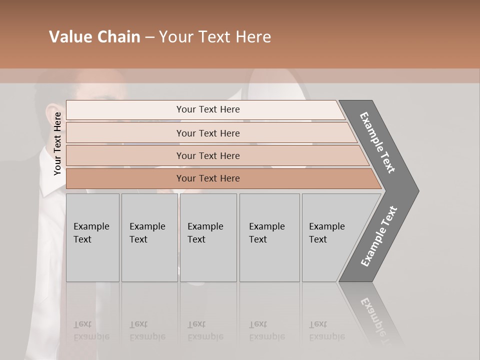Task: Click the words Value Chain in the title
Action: [94, 37]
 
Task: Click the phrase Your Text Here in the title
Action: [215, 37]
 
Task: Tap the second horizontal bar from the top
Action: [208, 133]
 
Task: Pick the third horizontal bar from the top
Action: [208, 155]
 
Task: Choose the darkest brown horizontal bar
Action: [208, 178]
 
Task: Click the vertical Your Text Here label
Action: [57, 143]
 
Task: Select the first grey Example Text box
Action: [92, 237]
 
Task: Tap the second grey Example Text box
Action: [149, 237]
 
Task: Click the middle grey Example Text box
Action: [208, 237]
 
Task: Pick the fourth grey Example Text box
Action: [269, 237]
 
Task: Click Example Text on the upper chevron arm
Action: [377, 142]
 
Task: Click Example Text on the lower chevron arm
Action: [379, 236]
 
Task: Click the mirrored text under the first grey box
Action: [91, 330]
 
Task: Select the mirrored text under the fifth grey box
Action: [327, 330]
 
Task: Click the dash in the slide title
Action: [149, 37]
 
